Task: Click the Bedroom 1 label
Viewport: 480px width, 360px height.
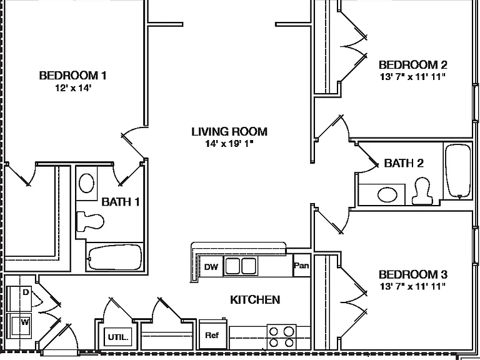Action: point(73,75)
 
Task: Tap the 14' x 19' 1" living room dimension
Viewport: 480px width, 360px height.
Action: point(229,143)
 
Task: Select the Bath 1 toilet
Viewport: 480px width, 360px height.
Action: point(90,221)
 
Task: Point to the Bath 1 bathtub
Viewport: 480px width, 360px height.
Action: point(115,257)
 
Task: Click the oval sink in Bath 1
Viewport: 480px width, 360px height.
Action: point(86,183)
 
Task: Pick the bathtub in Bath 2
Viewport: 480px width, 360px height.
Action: point(458,171)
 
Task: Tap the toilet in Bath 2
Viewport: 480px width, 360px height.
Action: point(422,191)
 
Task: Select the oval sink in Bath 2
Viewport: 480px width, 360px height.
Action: point(387,195)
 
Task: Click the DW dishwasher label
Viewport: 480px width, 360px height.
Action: point(211,267)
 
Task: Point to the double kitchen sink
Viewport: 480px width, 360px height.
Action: point(241,266)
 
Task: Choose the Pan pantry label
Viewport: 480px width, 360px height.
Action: point(301,265)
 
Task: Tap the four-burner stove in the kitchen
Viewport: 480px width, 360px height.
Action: point(281,337)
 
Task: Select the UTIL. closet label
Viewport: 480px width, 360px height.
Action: point(118,337)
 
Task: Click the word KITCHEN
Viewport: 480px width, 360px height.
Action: point(255,300)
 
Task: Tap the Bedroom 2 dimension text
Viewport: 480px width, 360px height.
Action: point(412,76)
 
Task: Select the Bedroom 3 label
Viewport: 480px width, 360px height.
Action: point(413,274)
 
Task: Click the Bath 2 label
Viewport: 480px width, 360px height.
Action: point(404,163)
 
